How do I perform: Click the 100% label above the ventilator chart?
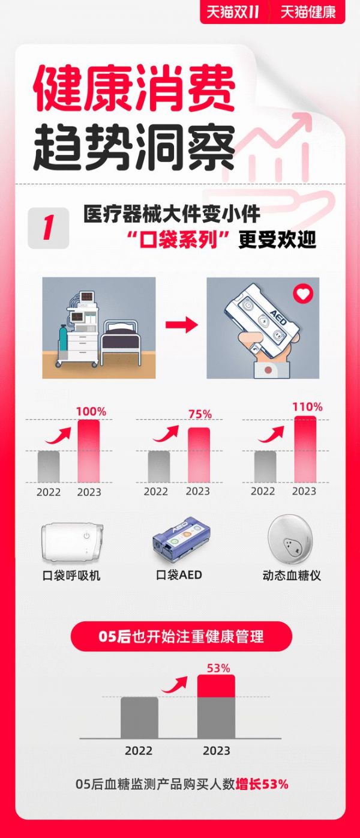tap(91, 412)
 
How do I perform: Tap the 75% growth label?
tap(200, 414)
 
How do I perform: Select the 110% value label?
tap(307, 406)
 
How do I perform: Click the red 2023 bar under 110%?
tap(305, 449)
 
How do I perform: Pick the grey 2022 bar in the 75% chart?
tap(159, 466)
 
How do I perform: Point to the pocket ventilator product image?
tap(73, 543)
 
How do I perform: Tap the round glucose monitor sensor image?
tap(290, 539)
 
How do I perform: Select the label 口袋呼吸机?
tap(71, 576)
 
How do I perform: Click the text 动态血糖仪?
tap(292, 576)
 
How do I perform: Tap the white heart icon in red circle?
tap(303, 294)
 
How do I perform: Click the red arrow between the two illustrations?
tap(182, 324)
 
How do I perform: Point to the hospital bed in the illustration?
tap(121, 341)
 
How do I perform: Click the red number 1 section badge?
tap(48, 228)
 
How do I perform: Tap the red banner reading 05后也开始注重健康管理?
tap(181, 636)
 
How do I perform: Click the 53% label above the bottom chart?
tap(218, 668)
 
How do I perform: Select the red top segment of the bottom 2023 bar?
tap(216, 686)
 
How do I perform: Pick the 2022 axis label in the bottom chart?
tap(139, 751)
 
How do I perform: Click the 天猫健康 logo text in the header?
tap(308, 12)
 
